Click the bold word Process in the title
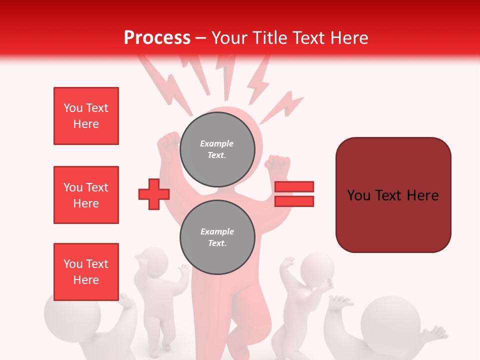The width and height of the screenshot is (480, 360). tap(157, 38)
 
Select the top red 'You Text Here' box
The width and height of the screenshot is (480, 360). tap(86, 116)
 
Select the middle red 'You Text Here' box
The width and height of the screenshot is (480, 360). tap(86, 195)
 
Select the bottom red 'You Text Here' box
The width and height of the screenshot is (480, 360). tap(86, 272)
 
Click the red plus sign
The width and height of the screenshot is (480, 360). tap(154, 193)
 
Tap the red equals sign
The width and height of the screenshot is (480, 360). tap(294, 194)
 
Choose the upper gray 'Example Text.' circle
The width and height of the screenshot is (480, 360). tap(217, 149)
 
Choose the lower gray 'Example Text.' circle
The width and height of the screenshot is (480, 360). tap(217, 237)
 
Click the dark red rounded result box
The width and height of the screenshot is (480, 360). tap(393, 195)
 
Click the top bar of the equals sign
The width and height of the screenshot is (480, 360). tap(294, 187)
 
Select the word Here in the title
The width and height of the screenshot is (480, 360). tap(349, 38)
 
